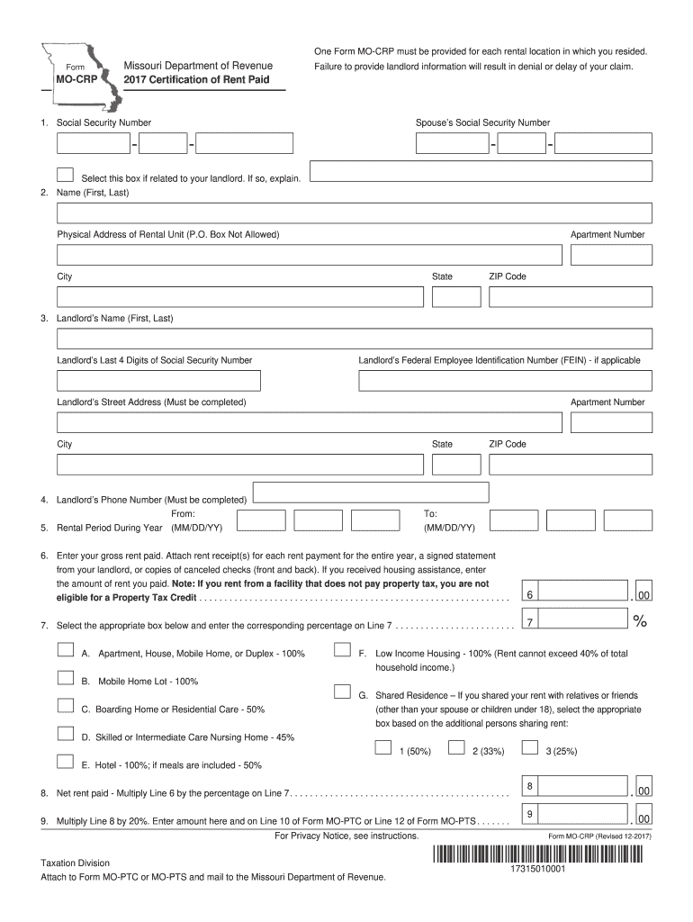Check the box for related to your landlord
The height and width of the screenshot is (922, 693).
(x=66, y=175)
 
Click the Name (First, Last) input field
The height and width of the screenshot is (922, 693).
(x=354, y=213)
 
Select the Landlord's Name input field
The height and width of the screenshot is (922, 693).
(x=354, y=339)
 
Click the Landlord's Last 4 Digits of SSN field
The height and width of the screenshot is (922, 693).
(x=158, y=381)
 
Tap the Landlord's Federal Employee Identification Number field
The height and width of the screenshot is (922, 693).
(x=505, y=381)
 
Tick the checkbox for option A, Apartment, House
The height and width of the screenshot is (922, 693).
(x=66, y=650)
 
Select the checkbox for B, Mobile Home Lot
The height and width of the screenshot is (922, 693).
(x=66, y=678)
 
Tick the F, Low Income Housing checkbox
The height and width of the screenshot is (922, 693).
(x=342, y=650)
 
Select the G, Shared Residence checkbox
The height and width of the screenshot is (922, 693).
(x=342, y=691)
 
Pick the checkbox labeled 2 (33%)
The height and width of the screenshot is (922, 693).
(x=456, y=747)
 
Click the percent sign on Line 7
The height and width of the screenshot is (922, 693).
(x=640, y=621)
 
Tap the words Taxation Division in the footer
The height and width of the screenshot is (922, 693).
(x=75, y=863)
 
